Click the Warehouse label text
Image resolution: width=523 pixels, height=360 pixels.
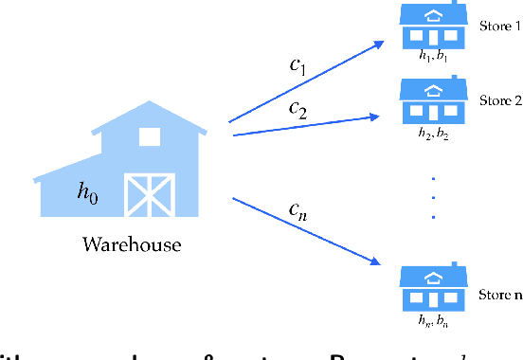click(x=132, y=245)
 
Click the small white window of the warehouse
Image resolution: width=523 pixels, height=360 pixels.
click(x=150, y=136)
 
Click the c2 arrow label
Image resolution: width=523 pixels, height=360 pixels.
click(x=298, y=110)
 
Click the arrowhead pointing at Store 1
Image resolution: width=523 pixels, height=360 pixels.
click(x=380, y=43)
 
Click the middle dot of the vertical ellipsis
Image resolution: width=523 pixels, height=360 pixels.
click(x=435, y=197)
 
